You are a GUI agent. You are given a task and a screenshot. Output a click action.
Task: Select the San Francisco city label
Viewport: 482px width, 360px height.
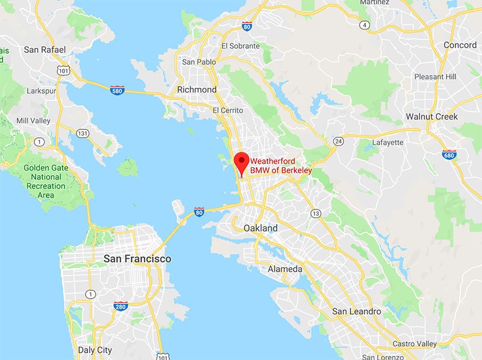point(137,259)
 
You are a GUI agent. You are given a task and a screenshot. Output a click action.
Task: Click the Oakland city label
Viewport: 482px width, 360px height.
point(260,228)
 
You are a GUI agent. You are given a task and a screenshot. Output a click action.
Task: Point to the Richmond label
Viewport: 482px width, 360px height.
point(196,90)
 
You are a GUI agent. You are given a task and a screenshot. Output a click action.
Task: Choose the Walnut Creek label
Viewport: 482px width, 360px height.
point(431,116)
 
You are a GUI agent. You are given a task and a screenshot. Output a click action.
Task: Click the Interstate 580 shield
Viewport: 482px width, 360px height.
point(117,90)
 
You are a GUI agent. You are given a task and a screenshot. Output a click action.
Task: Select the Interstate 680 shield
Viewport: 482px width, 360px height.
point(448,155)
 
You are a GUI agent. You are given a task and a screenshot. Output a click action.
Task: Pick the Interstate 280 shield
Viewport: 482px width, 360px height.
point(120,306)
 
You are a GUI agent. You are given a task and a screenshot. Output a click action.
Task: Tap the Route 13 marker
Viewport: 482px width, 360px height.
point(315,213)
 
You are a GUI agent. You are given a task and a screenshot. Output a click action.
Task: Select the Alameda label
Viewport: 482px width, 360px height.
point(285,269)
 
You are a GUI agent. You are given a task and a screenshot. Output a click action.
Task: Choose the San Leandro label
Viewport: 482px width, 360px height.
point(357,311)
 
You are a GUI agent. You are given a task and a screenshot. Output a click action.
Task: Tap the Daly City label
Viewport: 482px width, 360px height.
point(95,350)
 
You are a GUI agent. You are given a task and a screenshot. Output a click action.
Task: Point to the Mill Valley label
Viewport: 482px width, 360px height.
point(34,120)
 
